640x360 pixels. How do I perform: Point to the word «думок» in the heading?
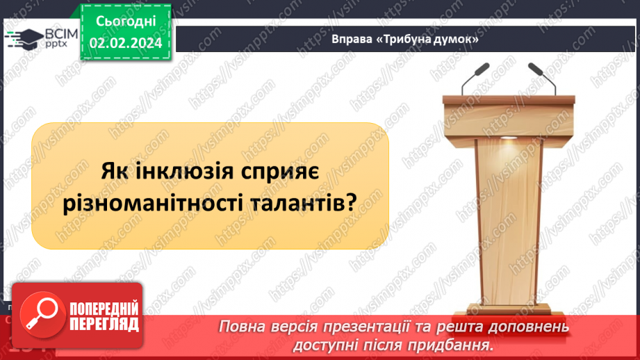(459, 40)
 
